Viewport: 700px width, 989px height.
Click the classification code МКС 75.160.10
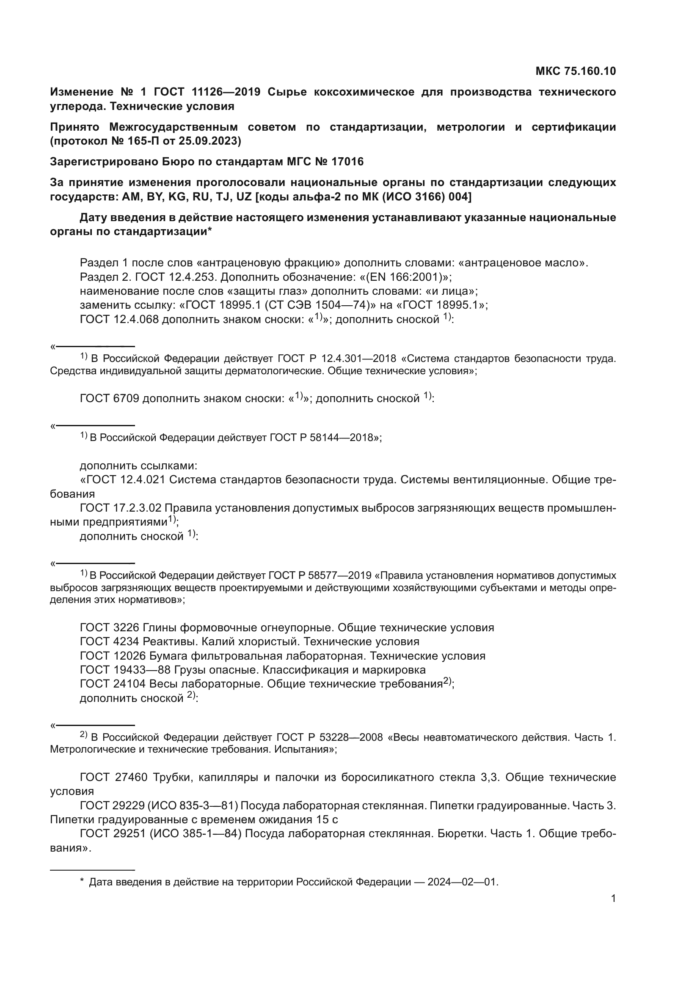576,71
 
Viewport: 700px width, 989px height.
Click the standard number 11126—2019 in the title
226,92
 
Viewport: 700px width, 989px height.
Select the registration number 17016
347,162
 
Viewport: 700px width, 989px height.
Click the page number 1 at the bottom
613,899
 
